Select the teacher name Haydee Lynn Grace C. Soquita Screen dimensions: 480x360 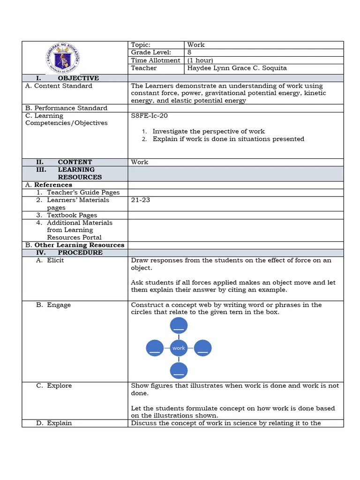[x=237, y=68]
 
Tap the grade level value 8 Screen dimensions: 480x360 [x=189, y=52]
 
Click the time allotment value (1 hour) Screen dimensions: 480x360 [x=200, y=60]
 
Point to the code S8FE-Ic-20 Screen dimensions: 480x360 [x=149, y=116]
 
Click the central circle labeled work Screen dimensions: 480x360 [x=179, y=348]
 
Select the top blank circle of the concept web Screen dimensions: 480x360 [x=179, y=325]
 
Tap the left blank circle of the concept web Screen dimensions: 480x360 [x=155, y=348]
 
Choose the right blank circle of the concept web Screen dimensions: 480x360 [x=202, y=348]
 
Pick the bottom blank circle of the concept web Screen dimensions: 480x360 [x=179, y=370]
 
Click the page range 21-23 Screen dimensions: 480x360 [x=141, y=200]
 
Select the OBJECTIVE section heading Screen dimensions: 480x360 [x=78, y=78]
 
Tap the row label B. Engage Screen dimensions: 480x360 [x=53, y=305]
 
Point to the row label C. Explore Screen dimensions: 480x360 [x=54, y=386]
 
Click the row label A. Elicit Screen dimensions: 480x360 [x=50, y=261]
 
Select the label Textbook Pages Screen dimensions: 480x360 [x=72, y=215]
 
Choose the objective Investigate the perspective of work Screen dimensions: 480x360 [x=209, y=132]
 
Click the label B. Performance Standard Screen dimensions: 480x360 [x=66, y=108]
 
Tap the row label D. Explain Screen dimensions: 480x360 [x=54, y=423]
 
